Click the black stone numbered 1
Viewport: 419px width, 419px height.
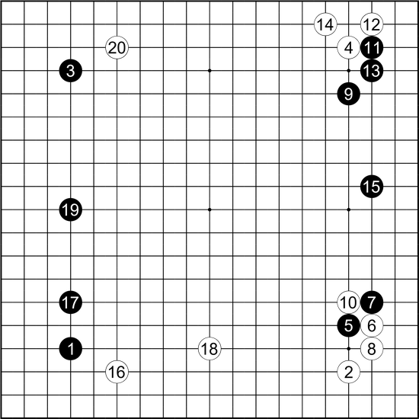click(71, 349)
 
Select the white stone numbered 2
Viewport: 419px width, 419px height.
click(348, 372)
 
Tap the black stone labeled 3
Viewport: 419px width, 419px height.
click(71, 71)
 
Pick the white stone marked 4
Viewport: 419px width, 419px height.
click(348, 48)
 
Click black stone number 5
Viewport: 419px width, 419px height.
click(348, 325)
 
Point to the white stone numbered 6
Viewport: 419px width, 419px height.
click(372, 325)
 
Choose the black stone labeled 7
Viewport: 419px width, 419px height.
click(372, 302)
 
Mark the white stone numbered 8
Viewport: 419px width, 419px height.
click(372, 349)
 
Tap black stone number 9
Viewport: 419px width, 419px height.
click(348, 94)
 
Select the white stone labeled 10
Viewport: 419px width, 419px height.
click(348, 302)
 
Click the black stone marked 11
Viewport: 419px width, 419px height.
click(372, 48)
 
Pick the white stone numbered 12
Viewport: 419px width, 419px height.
click(372, 24)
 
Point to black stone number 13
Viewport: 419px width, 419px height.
click(372, 71)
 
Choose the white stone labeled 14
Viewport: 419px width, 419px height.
click(325, 24)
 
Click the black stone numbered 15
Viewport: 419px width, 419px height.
click(372, 187)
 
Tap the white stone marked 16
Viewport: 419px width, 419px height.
click(117, 372)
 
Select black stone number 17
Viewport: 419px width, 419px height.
click(71, 302)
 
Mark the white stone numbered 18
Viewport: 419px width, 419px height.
click(209, 349)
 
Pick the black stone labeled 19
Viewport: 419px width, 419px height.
click(71, 209)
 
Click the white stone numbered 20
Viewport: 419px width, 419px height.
click(117, 48)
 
